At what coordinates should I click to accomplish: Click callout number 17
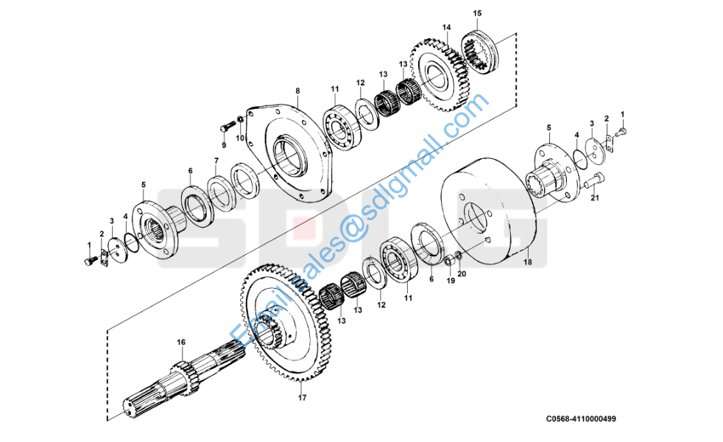[x=301, y=399]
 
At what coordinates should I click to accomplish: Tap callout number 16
[x=181, y=343]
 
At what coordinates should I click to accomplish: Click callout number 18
[x=527, y=262]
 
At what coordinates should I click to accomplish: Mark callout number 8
[x=297, y=91]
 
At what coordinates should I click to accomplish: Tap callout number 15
[x=477, y=13]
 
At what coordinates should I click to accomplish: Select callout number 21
[x=595, y=197]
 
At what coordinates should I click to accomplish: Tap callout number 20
[x=462, y=274]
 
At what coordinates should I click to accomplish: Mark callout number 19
[x=451, y=281]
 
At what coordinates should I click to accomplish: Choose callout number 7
[x=216, y=161]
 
